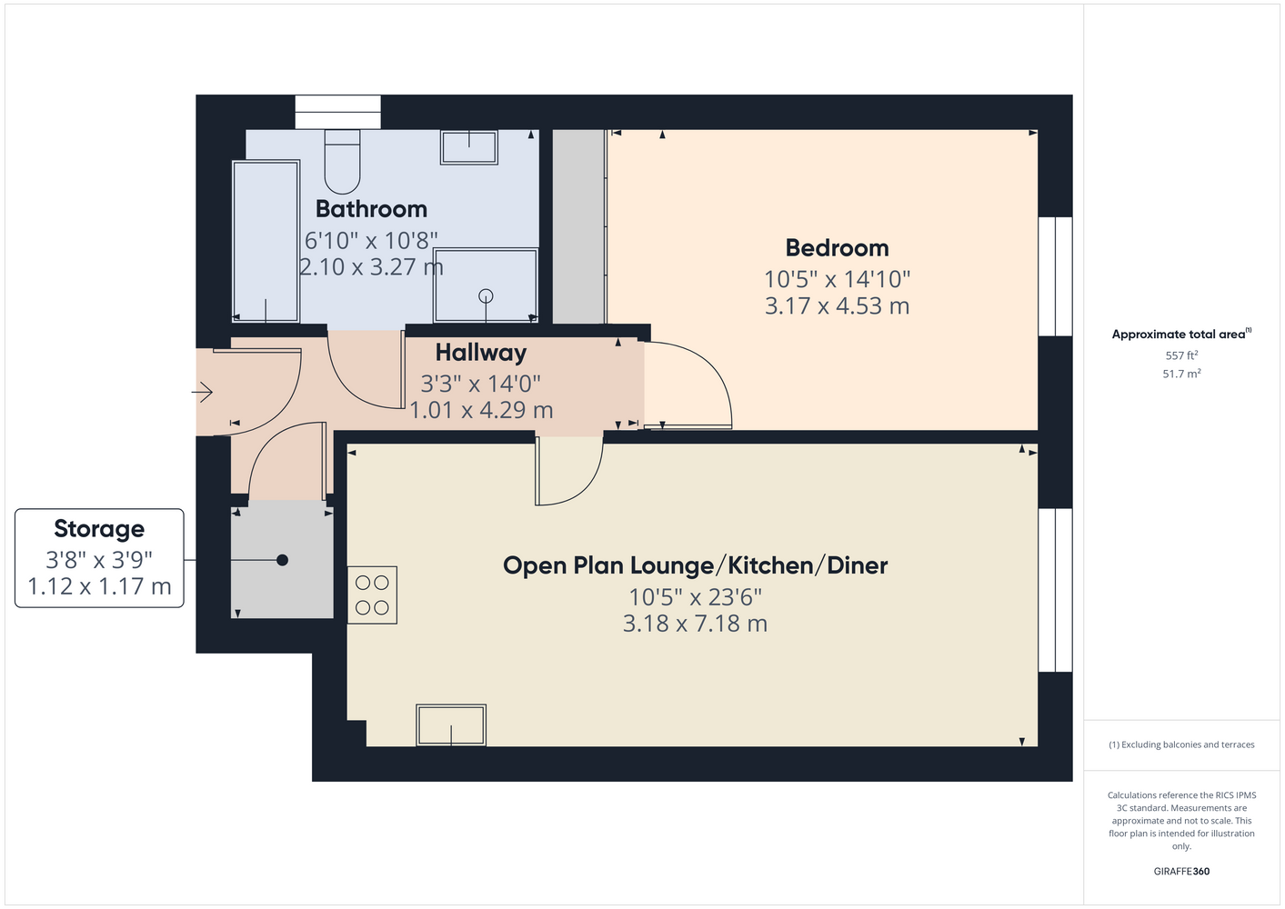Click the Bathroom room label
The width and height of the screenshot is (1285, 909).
pos(371,209)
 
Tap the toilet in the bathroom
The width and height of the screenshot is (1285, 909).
pos(342,161)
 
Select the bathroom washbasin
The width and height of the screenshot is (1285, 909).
pos(468,147)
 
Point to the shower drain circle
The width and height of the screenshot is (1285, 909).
pos(486,296)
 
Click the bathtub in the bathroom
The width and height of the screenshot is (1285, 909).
pos(266,241)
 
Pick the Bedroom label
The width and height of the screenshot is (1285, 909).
pos(837,248)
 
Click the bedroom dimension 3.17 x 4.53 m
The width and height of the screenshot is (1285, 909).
pos(837,306)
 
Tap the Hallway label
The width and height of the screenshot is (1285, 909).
pos(481,353)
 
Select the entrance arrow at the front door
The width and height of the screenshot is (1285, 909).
pos(202,393)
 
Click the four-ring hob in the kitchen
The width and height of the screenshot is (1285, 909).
pos(372,595)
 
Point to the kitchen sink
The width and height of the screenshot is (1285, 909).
pos(451,724)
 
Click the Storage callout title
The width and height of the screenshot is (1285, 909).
pos(99,529)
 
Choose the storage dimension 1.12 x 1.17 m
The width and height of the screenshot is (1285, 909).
pos(99,586)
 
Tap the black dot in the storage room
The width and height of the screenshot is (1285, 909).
pos(282,560)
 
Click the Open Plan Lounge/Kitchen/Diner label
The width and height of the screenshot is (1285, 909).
pos(696,566)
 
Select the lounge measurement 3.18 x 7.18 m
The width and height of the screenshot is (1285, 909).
pos(696,624)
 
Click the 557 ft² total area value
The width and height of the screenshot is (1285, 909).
pos(1181,355)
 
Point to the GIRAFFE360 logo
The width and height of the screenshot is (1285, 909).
pos(1181,871)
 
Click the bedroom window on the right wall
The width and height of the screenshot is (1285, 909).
pos(1056,276)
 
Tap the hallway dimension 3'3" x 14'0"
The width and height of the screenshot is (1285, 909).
pos(481,384)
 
